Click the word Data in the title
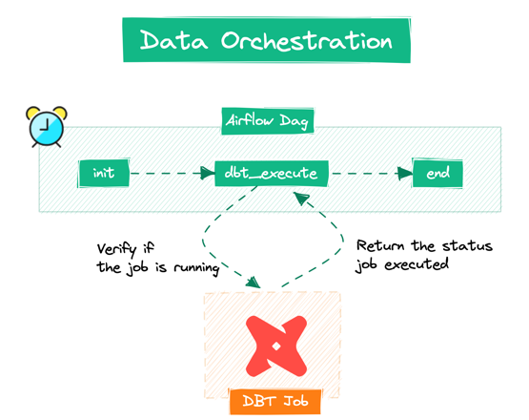pos(173,40)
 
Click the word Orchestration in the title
pos(307,40)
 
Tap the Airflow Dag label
pos(267,121)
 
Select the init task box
pos(104,174)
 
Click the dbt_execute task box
pos(272,174)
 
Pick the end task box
pos(437,174)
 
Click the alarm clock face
pos(47,129)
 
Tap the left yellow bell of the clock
pos(32,112)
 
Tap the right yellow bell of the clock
pos(60,112)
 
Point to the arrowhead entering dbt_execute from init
pos(208,174)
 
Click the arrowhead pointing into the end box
pos(405,174)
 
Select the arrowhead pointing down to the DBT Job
pos(254,283)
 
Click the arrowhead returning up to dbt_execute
pos(300,198)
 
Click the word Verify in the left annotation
pos(116,249)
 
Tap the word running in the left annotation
pos(196,268)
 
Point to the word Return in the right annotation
pos(380,245)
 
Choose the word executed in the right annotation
pos(417,264)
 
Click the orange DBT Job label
pos(275,402)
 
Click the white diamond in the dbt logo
pos(276,346)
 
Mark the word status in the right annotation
pos(468,245)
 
